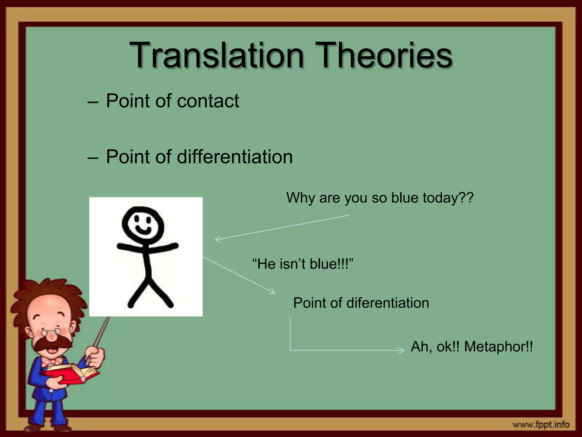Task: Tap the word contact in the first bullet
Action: tap(208, 101)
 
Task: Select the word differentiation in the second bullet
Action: tap(235, 157)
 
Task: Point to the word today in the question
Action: tap(444, 198)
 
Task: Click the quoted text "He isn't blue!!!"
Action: tap(303, 264)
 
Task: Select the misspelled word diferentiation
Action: tap(388, 303)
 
